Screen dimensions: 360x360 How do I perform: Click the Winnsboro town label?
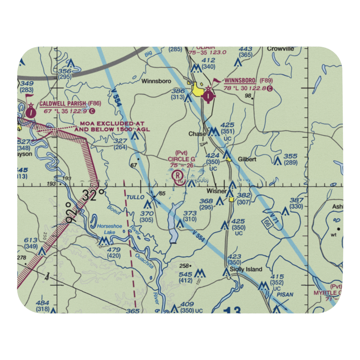156,81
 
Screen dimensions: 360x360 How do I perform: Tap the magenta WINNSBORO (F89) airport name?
240,80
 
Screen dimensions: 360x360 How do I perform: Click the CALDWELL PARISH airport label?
63,104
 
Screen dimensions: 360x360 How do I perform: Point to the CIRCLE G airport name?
181,159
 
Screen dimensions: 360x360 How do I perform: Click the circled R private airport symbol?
178,176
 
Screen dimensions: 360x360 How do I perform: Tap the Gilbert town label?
247,159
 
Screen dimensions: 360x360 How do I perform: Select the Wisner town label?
216,191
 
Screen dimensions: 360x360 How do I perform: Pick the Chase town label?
197,134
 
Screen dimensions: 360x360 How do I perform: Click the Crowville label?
280,49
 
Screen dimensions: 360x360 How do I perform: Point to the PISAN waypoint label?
285,294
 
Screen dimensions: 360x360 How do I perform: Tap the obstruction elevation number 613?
31,240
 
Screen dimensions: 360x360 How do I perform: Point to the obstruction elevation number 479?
114,250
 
